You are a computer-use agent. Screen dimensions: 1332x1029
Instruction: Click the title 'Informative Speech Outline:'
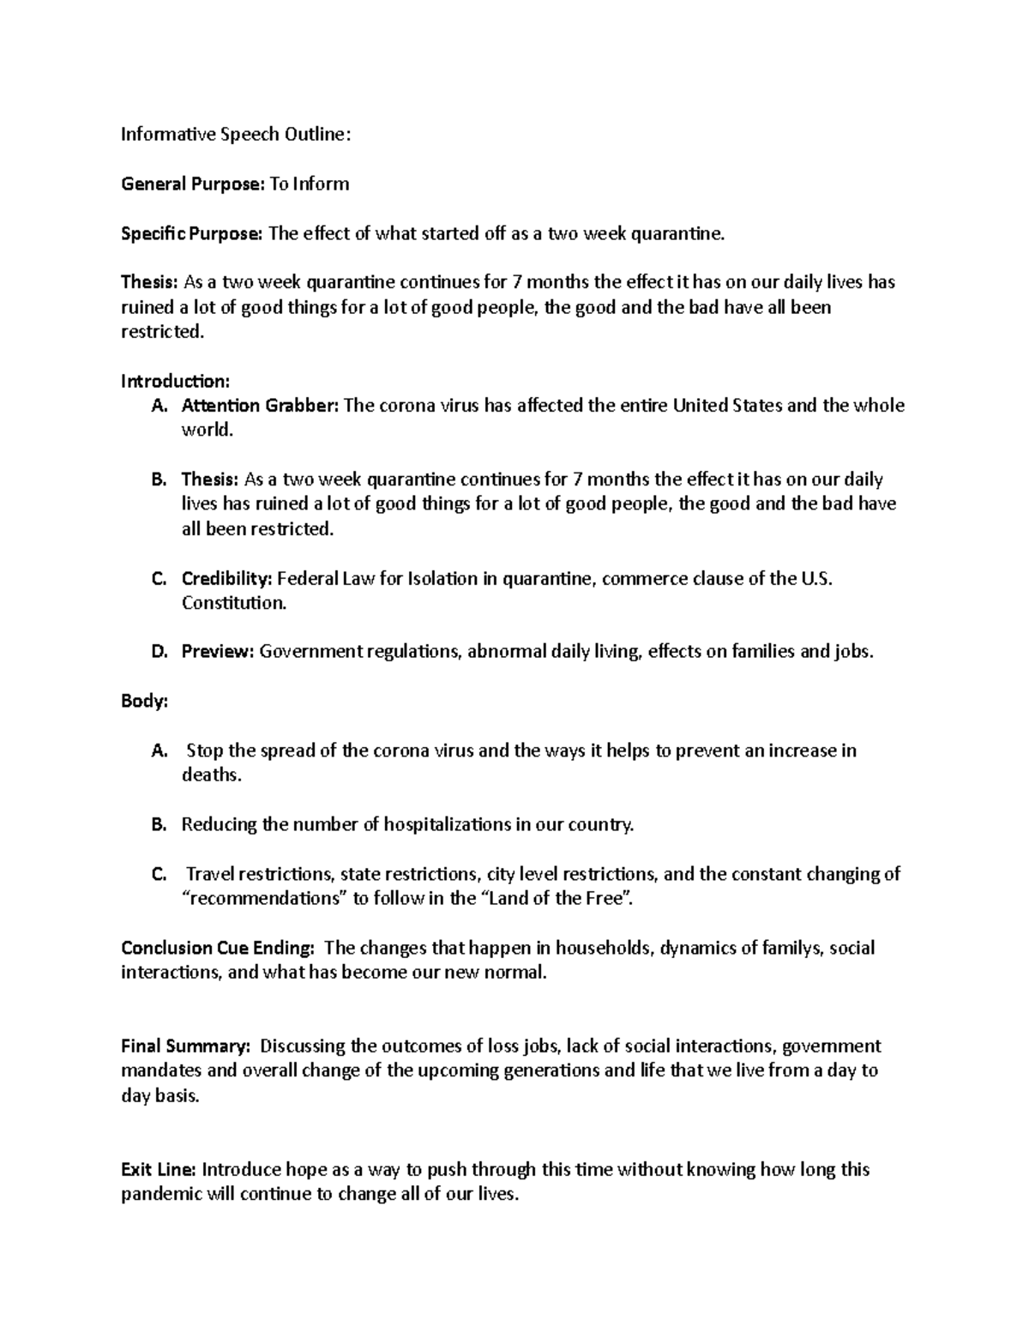pos(236,135)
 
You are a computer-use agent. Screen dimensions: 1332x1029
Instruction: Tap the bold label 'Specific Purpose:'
pos(192,234)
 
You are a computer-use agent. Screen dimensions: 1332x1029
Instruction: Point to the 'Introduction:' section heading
pos(175,381)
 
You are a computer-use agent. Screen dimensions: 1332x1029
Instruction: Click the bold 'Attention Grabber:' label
pos(261,406)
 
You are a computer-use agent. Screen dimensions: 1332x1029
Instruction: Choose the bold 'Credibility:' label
pos(226,579)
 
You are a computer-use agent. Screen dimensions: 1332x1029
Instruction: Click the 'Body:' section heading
pos(144,701)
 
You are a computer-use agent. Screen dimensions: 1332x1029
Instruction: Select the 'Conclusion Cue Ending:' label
pos(218,948)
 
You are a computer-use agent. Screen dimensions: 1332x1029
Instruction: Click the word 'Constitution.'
pos(234,603)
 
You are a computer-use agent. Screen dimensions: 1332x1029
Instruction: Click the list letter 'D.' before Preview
pos(159,652)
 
